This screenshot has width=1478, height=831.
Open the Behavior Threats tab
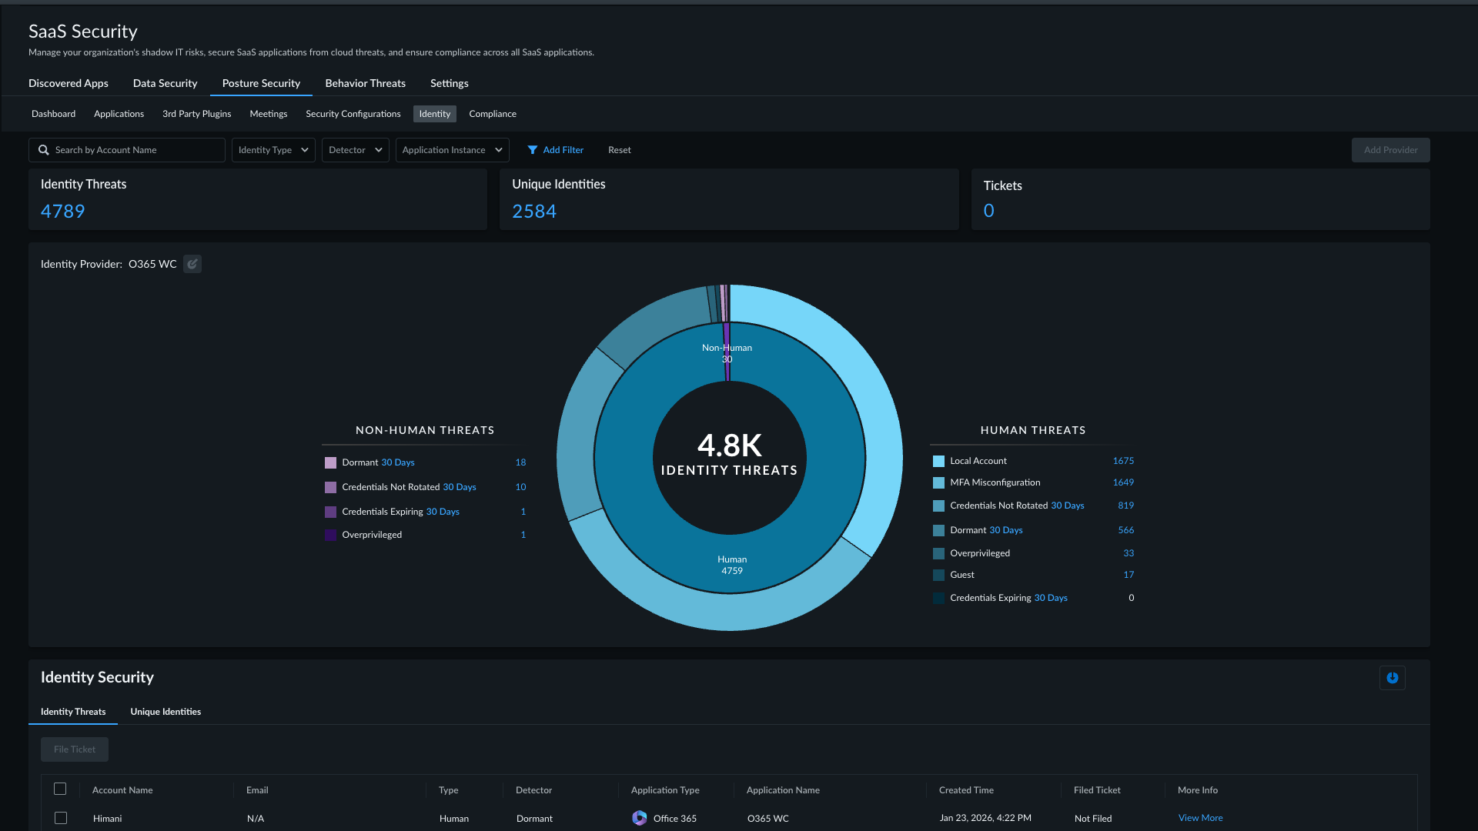(365, 83)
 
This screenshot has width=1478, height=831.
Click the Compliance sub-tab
(493, 114)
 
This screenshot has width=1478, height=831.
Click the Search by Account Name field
(127, 150)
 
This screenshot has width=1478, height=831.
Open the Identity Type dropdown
(273, 150)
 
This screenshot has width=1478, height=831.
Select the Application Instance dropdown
(452, 150)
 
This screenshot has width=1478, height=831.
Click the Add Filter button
(555, 150)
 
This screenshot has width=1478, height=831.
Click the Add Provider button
(1390, 150)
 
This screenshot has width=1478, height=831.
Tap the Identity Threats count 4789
(63, 212)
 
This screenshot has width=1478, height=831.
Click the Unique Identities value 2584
(534, 212)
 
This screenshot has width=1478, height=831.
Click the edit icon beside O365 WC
(192, 264)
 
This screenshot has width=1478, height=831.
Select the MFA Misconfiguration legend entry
(995, 482)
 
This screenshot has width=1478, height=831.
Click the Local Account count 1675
(1123, 461)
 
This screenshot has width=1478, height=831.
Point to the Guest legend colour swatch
(938, 575)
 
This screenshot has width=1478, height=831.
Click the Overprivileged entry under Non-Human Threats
(372, 535)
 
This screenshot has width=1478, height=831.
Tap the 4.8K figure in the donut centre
(729, 445)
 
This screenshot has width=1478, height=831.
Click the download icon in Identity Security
(1392, 678)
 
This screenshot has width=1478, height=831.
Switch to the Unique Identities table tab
(166, 712)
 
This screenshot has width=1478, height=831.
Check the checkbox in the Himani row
(61, 818)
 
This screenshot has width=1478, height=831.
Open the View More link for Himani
(1200, 818)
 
